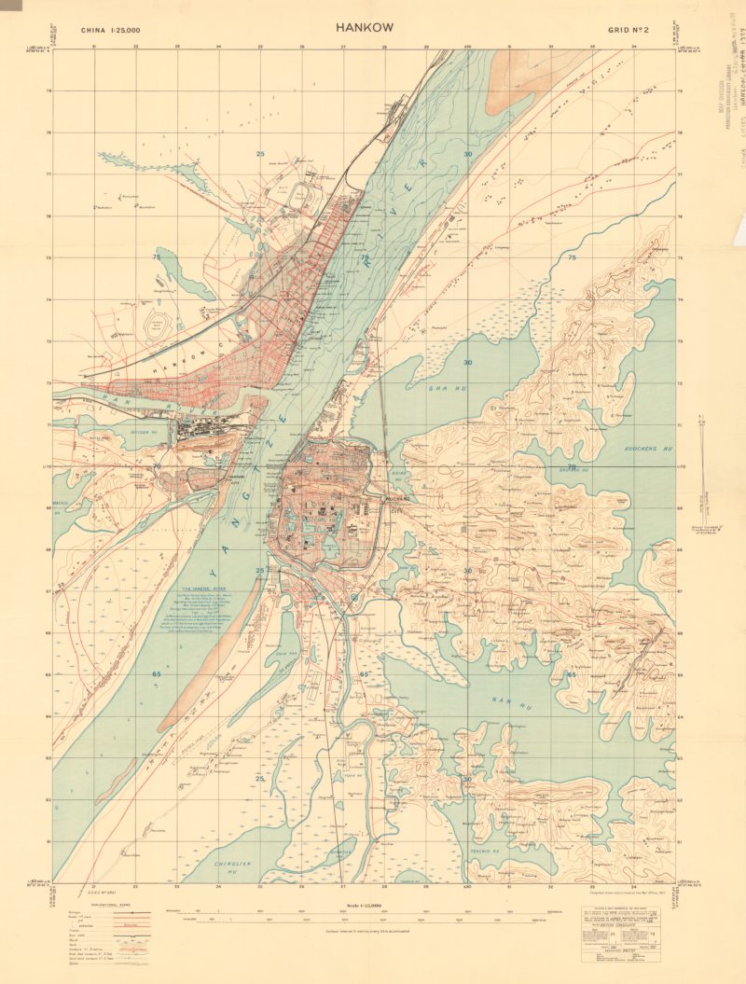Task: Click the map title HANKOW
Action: (x=365, y=28)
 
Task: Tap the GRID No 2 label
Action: (x=627, y=31)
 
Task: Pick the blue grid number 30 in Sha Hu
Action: (x=467, y=362)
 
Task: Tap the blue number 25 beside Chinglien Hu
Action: (x=260, y=777)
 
